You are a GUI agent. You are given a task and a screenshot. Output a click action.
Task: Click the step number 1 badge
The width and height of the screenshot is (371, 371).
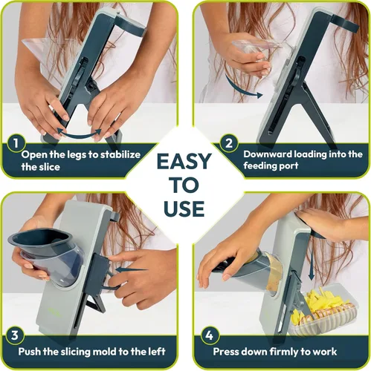tap(16, 143)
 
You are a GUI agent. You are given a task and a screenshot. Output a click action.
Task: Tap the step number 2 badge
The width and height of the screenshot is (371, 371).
tap(229, 143)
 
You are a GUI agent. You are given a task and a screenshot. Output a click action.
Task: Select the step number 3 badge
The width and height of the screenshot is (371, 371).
tap(15, 335)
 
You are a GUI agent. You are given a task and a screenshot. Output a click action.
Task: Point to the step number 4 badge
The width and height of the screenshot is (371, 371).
tap(210, 335)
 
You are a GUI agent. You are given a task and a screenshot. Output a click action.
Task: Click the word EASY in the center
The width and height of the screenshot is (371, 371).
tap(184, 162)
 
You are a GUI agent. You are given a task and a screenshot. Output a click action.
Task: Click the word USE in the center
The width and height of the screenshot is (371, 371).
tap(184, 209)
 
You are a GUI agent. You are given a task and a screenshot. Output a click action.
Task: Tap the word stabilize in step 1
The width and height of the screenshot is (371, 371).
tap(120, 154)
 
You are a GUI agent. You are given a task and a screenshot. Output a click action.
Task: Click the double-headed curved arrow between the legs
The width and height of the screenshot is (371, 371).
tap(80, 134)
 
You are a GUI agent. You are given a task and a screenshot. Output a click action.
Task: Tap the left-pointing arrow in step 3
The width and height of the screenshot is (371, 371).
tap(132, 270)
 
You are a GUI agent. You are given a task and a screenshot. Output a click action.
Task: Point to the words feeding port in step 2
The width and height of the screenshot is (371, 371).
tap(271, 166)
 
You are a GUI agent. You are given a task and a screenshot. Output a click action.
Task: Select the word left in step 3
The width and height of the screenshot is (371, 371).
tap(157, 351)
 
